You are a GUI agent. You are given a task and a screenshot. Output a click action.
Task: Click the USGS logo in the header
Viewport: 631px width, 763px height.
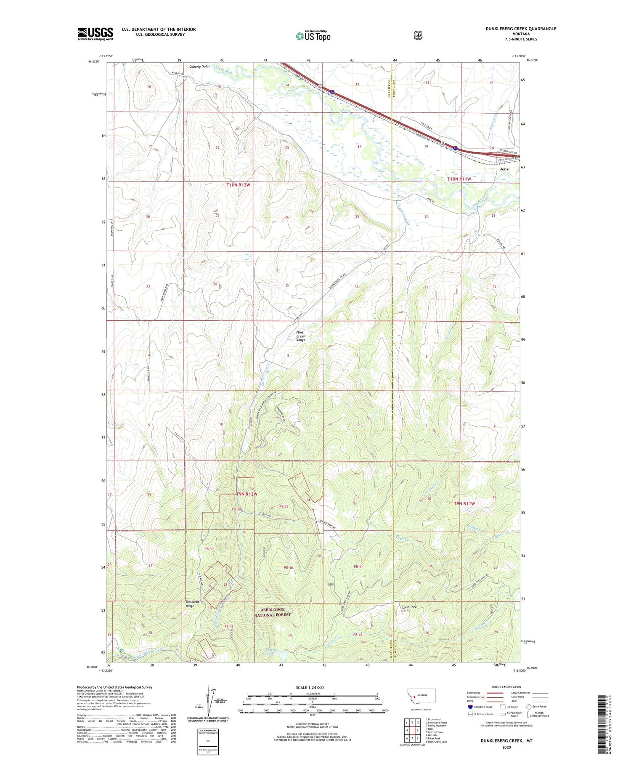pyautogui.click(x=95, y=34)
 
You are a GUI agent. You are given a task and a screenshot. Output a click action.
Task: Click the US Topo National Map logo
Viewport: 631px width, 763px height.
pyautogui.click(x=313, y=35)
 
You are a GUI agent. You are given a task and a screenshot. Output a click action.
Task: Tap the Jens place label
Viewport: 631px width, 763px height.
pyautogui.click(x=504, y=169)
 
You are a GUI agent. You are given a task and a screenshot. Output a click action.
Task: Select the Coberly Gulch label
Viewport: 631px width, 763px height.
pyautogui.click(x=200, y=66)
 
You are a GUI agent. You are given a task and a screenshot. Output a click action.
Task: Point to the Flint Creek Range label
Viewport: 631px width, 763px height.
pyautogui.click(x=301, y=336)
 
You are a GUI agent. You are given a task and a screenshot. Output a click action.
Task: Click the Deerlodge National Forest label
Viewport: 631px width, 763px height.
pyautogui.click(x=272, y=612)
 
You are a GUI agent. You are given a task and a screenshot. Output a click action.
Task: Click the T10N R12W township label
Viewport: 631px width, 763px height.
pyautogui.click(x=238, y=185)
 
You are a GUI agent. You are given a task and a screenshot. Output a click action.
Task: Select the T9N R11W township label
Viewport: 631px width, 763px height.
pyautogui.click(x=464, y=503)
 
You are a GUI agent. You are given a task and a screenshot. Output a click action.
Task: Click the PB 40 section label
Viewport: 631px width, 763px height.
pyautogui.click(x=288, y=568)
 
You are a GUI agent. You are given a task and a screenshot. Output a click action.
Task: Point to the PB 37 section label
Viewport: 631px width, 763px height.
pyautogui.click(x=284, y=506)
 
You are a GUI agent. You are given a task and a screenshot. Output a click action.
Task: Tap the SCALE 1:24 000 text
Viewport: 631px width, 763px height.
pyautogui.click(x=310, y=687)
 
